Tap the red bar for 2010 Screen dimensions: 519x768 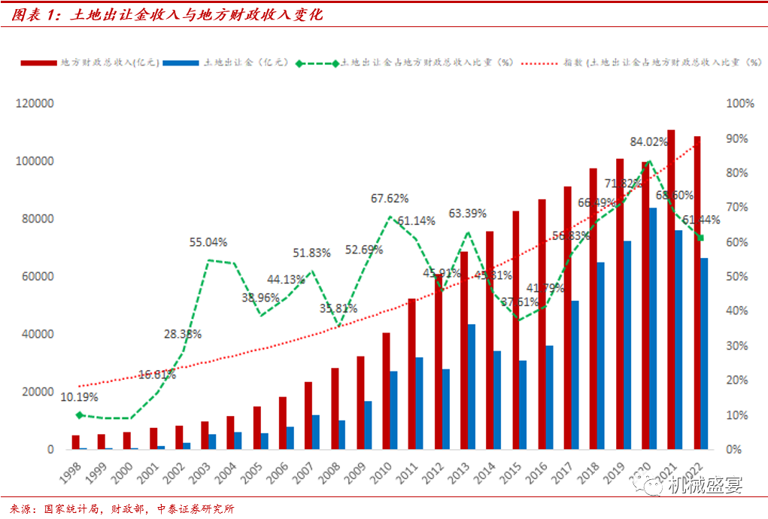(x=386, y=391)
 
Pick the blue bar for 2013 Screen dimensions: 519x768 (x=472, y=387)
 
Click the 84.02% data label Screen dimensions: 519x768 (x=650, y=141)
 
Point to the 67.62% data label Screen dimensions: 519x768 (x=390, y=199)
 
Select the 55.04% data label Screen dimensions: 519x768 (x=208, y=242)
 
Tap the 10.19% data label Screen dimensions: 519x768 (x=79, y=397)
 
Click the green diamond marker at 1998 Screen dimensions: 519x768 (x=79, y=415)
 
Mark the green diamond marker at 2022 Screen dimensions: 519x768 (x=700, y=238)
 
